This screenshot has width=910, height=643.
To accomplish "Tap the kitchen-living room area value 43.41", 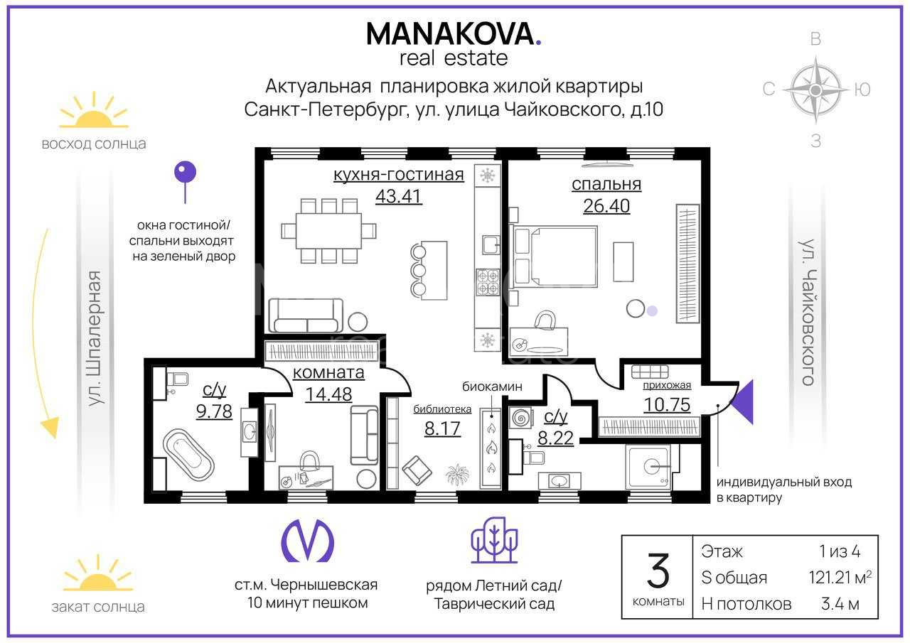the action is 399,197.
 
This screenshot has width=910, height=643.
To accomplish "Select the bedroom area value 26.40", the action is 606,206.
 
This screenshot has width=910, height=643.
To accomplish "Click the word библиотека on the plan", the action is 442,409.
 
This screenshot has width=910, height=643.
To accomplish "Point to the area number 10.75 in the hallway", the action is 667,405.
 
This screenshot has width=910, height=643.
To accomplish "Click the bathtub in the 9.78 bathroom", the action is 188,455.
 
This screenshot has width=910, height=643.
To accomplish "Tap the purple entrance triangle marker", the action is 742,402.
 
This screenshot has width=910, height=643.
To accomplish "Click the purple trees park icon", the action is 494,540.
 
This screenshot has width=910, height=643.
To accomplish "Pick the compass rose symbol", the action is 815,90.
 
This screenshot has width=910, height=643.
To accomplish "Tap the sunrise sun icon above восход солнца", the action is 94,110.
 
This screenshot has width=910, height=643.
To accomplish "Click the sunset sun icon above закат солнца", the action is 98,573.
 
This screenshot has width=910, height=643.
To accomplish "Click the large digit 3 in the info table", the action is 658,571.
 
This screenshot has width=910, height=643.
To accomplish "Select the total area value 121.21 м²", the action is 840,578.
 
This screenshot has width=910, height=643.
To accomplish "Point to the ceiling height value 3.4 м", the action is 840,604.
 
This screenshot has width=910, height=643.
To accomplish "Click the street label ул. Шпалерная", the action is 95,338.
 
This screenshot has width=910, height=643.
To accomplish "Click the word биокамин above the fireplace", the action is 492,387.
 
